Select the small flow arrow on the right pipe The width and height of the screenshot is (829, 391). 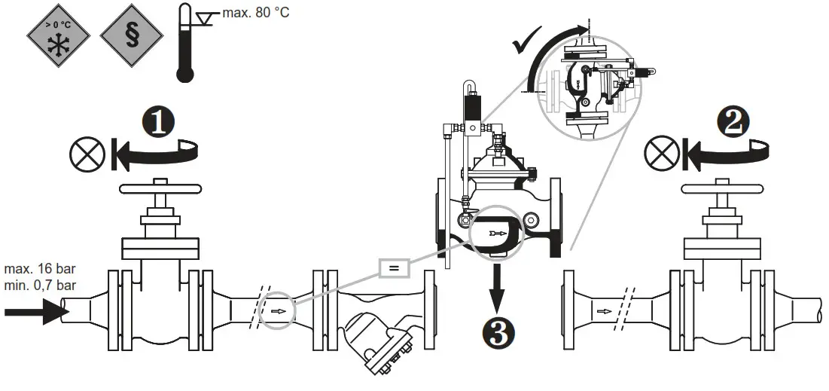(x=603, y=308)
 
